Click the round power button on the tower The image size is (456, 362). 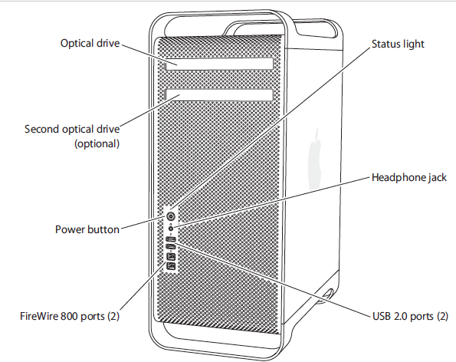(x=171, y=217)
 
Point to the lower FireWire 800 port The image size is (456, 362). (x=171, y=266)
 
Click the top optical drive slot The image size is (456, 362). (x=219, y=64)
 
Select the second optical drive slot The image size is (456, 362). (x=219, y=96)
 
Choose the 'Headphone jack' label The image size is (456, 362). (x=408, y=177)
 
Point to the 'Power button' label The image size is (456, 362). (x=87, y=229)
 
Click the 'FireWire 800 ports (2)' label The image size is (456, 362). (x=70, y=315)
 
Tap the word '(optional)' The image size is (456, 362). (x=97, y=143)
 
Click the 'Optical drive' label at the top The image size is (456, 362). (x=90, y=43)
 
